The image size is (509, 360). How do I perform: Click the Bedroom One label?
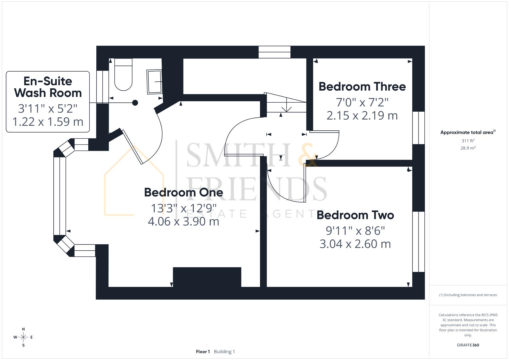183,192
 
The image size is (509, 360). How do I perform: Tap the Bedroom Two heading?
355,215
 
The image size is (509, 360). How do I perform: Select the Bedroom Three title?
362,87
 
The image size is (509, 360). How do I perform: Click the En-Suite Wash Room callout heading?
48,87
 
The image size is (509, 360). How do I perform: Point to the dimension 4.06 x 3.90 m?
183,221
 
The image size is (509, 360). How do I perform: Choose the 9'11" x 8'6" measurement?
355,230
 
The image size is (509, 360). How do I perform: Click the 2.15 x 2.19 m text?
362,116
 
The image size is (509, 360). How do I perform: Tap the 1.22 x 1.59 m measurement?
48,122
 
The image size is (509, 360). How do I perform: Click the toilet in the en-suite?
123,75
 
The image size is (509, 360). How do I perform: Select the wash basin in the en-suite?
154,82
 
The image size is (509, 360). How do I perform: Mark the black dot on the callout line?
135,103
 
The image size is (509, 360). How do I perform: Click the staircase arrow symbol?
286,108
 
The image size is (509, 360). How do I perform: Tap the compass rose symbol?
23,337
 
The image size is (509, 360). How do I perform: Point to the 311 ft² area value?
468,141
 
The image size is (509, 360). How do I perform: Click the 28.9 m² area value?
468,148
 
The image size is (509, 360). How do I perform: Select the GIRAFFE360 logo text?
468,345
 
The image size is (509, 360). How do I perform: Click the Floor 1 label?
203,352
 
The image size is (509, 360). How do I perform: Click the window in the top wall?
275,52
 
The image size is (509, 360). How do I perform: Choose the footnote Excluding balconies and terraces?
468,295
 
